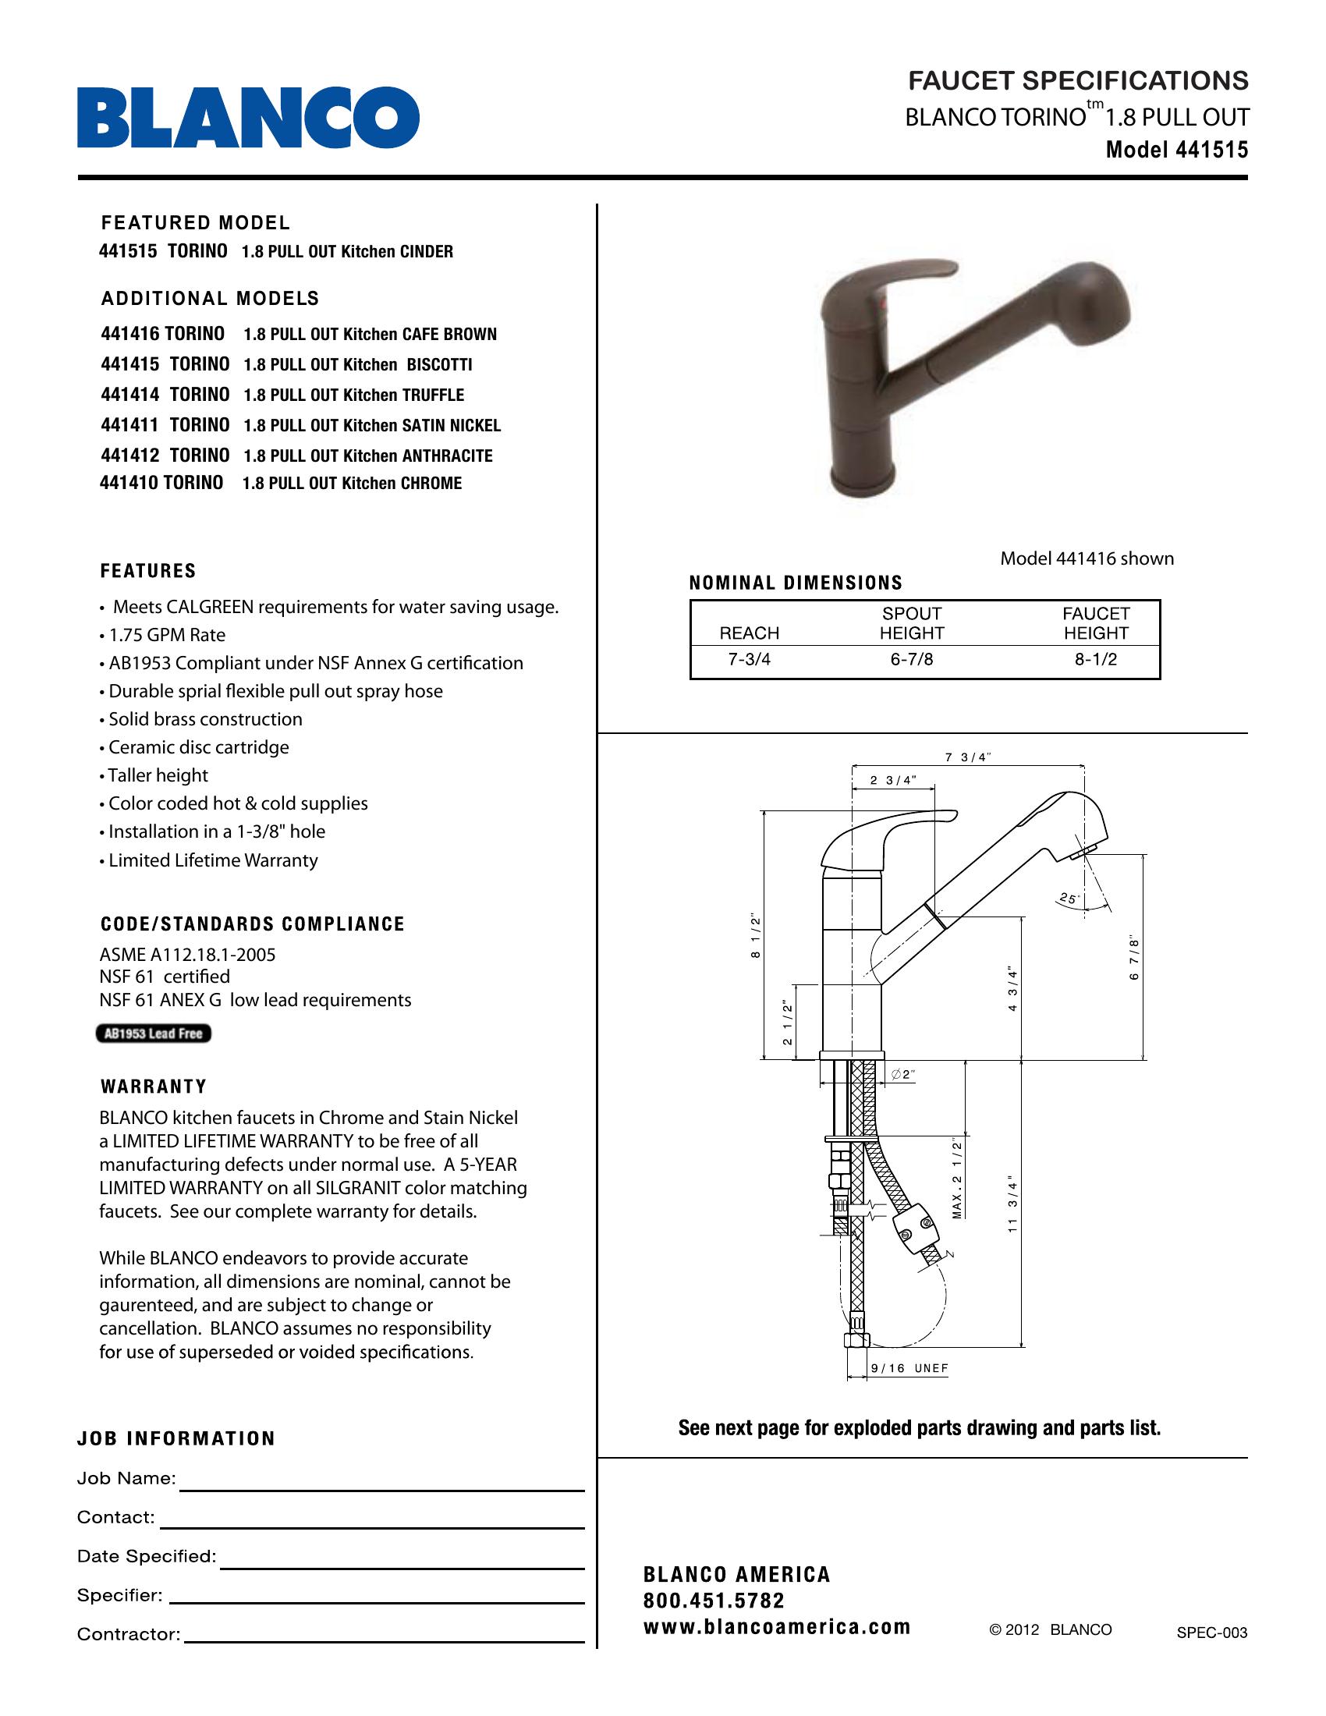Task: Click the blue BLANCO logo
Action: pos(247,118)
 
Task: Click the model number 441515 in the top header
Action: pos(1211,150)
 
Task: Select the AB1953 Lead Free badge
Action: pos(153,1033)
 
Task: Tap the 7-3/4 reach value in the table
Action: pos(750,660)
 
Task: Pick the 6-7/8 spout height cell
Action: pos(911,660)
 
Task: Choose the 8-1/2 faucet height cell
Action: pos(1096,660)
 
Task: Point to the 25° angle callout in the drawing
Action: pos(1069,898)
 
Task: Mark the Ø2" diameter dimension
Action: pos(904,1075)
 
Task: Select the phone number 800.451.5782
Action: pos(713,1601)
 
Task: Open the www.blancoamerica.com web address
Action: pos(776,1626)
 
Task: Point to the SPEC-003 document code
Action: pos(1211,1633)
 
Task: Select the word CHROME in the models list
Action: pos(431,484)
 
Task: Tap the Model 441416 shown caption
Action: pos(1087,558)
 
